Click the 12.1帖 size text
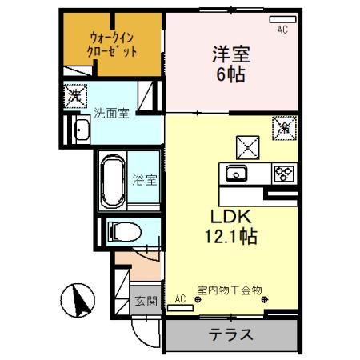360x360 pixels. click(233, 238)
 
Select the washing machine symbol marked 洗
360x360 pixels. click(74, 94)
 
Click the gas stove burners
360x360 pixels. click(284, 173)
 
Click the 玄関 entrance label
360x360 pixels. click(145, 302)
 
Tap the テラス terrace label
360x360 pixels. click(232, 334)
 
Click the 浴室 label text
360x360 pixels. click(145, 179)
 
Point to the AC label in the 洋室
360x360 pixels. click(282, 30)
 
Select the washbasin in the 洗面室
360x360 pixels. click(82, 130)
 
